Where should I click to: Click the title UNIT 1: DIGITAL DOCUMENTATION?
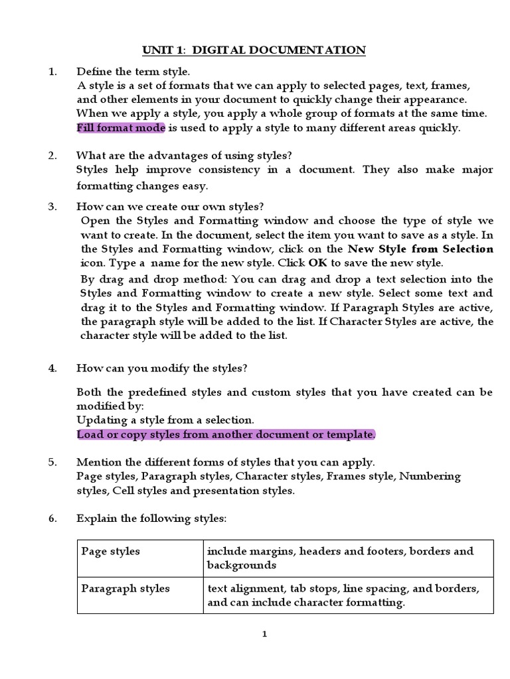point(254,50)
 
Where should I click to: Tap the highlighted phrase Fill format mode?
point(120,128)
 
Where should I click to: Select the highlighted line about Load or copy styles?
point(226,434)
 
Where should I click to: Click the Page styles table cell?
point(111,552)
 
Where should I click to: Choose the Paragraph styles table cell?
point(125,589)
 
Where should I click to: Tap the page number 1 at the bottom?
point(264,635)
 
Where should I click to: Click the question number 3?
point(52,207)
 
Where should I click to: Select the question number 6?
point(52,519)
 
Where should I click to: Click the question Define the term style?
point(133,71)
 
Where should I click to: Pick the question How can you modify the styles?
point(162,368)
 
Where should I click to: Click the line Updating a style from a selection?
point(165,420)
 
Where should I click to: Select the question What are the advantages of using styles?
point(183,156)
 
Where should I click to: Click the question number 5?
point(52,462)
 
